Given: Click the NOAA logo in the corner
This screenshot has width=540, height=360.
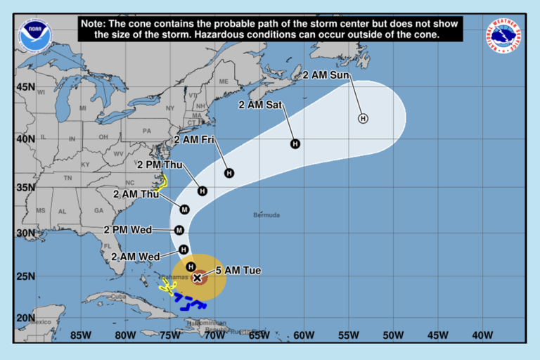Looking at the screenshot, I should coord(35,36).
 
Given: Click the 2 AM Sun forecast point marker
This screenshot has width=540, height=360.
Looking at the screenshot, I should coord(363,118).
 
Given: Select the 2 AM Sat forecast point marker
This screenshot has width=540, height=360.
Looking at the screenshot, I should coord(295,144).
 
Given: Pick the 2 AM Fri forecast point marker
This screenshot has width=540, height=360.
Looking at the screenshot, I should coord(229,173).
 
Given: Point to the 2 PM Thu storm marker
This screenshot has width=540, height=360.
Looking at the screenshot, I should coord(202,191).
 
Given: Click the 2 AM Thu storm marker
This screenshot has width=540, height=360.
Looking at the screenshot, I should coord(185,209).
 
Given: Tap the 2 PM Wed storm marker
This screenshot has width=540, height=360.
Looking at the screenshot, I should coord(179,230).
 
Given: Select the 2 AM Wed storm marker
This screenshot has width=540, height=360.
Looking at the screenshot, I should coord(184,250).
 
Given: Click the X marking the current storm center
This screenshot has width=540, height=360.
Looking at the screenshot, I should coord(198,278).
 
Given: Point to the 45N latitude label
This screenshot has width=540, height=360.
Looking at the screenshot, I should coord(26,87).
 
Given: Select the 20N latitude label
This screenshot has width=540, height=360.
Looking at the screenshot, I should coord(26,318).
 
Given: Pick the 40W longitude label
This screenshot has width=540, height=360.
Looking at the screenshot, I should coord(483,335).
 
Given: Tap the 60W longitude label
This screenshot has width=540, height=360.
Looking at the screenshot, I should coord(304,335).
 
